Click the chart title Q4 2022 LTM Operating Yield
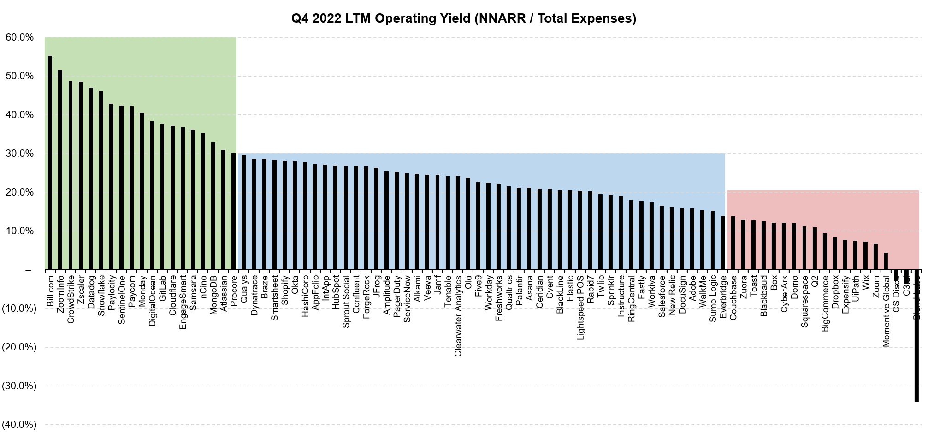coord(463,18)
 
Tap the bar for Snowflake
coord(101,180)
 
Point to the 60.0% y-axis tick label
coord(20,37)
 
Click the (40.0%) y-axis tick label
coord(19,424)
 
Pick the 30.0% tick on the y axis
coord(20,154)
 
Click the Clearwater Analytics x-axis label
coord(458,316)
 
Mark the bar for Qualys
coord(243,212)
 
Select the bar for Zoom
coord(875,257)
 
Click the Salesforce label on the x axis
coord(662,297)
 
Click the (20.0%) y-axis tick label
coord(19,347)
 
